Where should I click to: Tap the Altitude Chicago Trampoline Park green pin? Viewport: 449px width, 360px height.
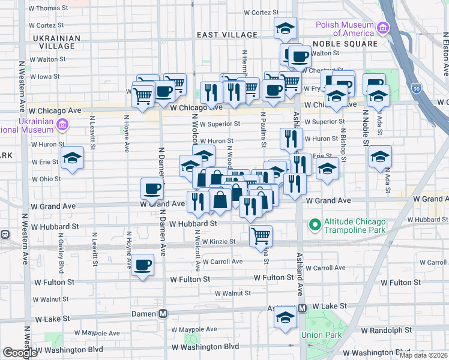point(313,226)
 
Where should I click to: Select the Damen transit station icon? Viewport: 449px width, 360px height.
point(163,314)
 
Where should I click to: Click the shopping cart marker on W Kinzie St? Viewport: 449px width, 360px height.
point(261,235)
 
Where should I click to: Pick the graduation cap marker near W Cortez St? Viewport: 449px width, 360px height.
point(286,28)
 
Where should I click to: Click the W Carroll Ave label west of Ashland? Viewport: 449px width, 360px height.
point(222,262)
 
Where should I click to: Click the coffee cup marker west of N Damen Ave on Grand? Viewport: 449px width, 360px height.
point(152,188)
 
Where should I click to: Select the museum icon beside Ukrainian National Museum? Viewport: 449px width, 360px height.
point(62,125)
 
